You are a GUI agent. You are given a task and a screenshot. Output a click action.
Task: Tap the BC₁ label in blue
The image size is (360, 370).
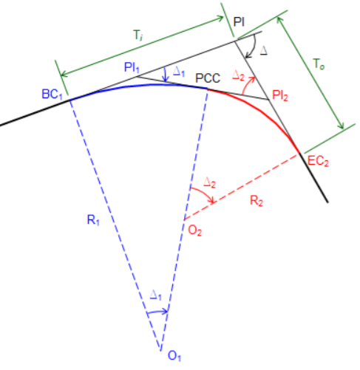click(x=54, y=95)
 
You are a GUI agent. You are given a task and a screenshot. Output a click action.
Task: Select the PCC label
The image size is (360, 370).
click(x=208, y=77)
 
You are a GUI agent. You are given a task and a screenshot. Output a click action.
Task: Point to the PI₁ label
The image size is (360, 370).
click(x=133, y=68)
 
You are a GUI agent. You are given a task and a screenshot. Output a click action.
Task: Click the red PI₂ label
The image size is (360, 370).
click(x=281, y=96)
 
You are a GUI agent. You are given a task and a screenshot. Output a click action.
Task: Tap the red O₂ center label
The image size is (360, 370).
click(x=194, y=231)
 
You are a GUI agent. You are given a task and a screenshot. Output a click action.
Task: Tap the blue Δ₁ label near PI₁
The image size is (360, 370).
click(x=177, y=72)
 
